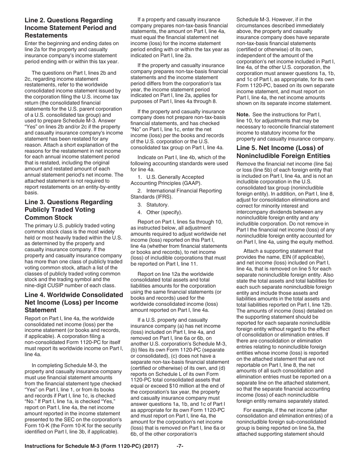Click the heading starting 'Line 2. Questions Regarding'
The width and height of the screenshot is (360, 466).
click(x=68, y=20)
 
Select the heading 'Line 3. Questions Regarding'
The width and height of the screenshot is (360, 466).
click(x=68, y=202)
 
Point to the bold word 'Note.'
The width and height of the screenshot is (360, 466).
click(x=243, y=114)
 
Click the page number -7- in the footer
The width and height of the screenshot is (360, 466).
click(x=180, y=446)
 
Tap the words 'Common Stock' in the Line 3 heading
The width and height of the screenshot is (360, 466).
click(x=48, y=217)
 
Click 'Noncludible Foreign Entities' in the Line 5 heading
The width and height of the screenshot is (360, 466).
click(x=283, y=156)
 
